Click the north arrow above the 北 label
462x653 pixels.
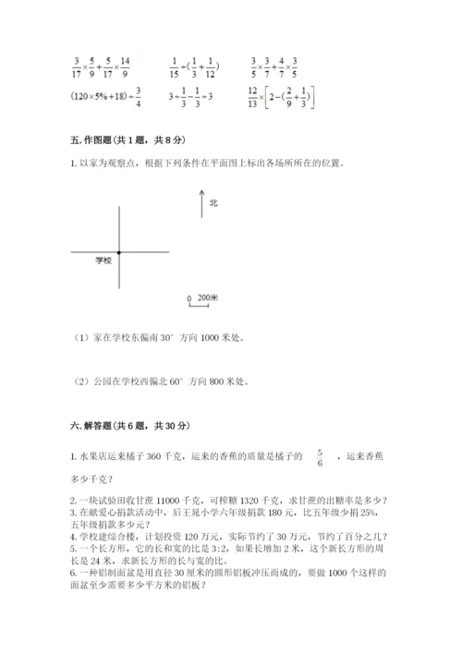pyautogui.click(x=201, y=203)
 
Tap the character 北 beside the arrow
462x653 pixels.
pyautogui.click(x=213, y=202)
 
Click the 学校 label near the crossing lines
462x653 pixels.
pyautogui.click(x=102, y=261)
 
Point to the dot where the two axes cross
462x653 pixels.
pyautogui.click(x=119, y=251)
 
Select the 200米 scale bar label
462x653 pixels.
pyautogui.click(x=208, y=297)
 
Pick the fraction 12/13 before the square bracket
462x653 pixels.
pyautogui.click(x=255, y=95)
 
